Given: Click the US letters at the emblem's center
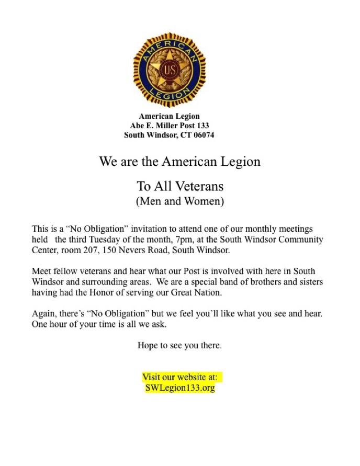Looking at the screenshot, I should [x=169, y=69].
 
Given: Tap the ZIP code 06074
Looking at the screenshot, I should [x=202, y=135].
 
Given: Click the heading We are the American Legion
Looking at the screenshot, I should [x=179, y=161].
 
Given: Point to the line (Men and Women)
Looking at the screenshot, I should [x=179, y=201].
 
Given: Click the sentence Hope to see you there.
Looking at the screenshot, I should [x=179, y=345].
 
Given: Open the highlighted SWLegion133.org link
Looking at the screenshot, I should [x=179, y=388].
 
